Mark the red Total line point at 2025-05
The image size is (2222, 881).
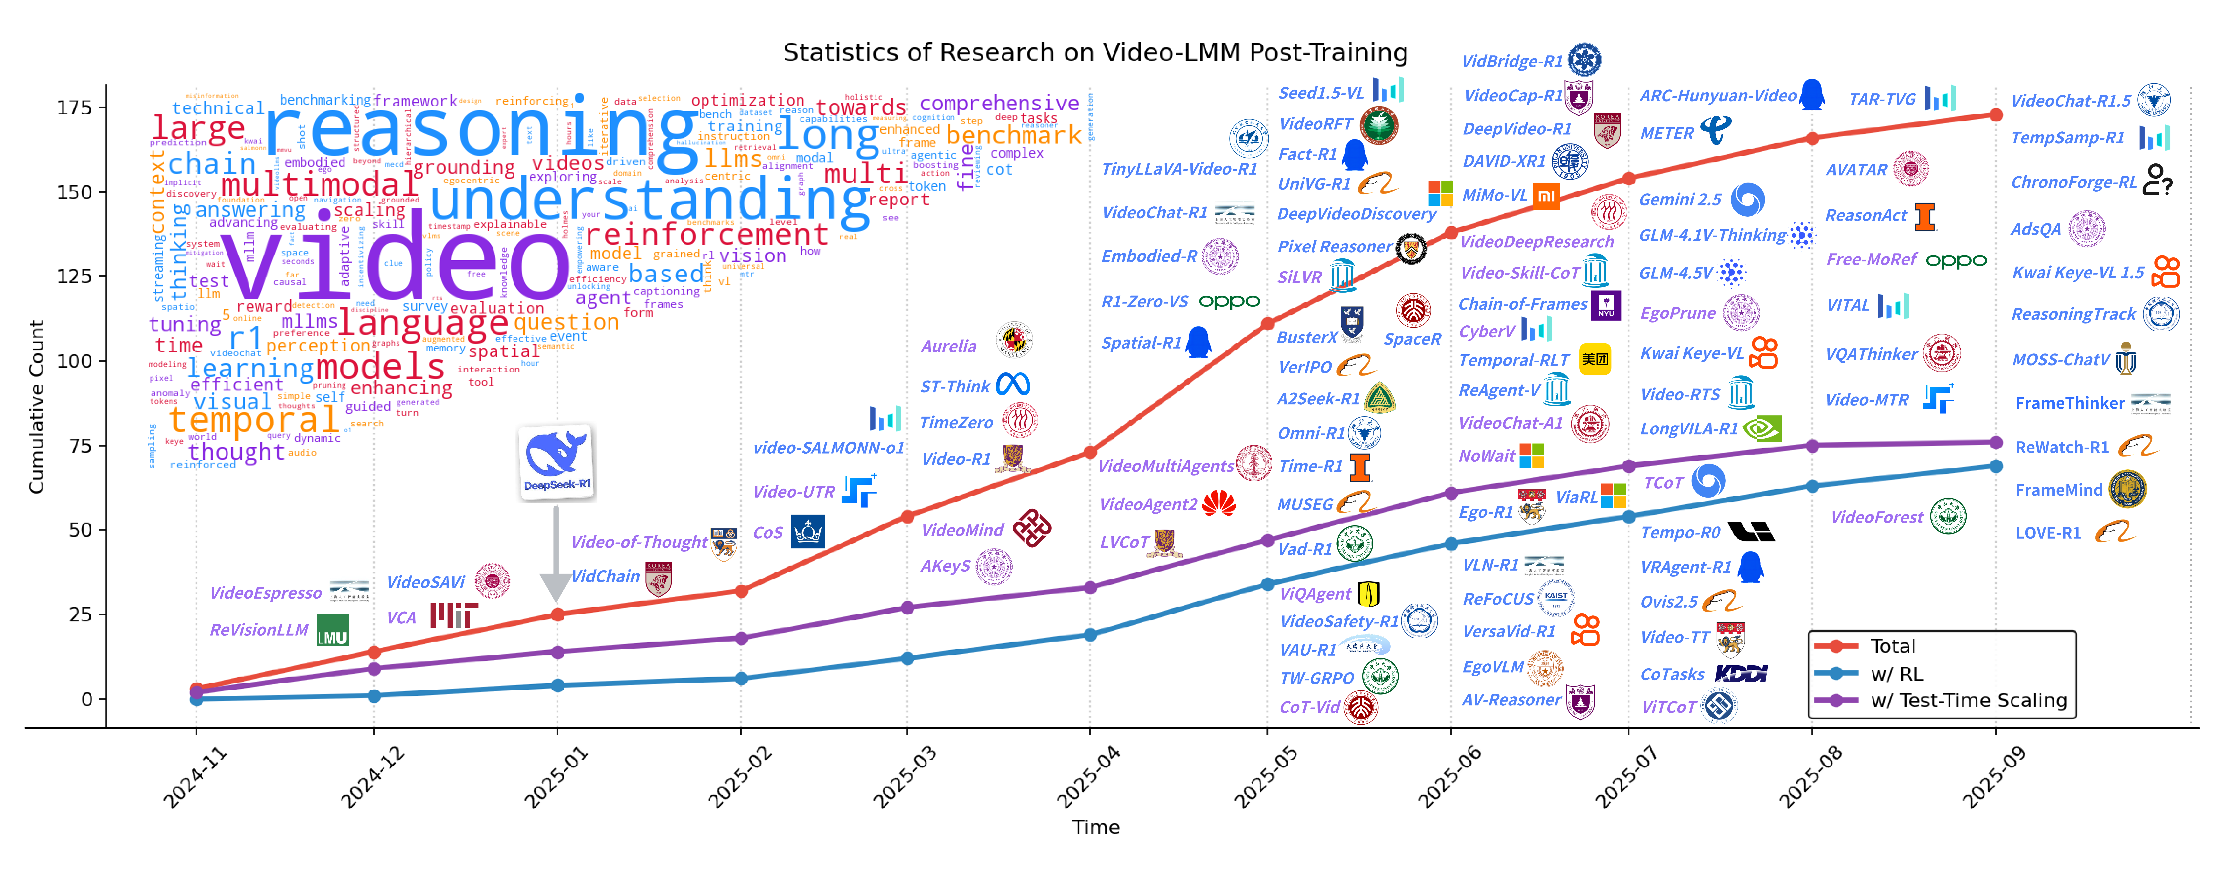(1267, 324)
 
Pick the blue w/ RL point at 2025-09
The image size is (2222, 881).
(1995, 466)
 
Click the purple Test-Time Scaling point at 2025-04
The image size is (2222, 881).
(1089, 588)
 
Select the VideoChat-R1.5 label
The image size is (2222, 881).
(2070, 101)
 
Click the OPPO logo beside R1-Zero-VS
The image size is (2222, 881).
(1229, 302)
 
